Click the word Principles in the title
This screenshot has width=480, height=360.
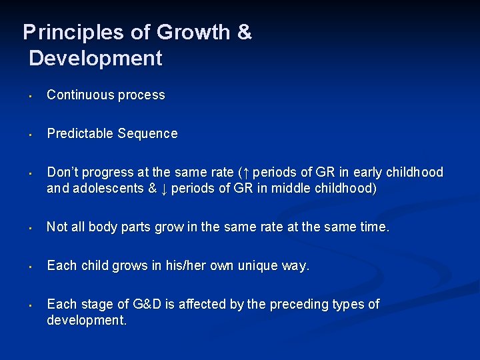pyautogui.click(x=67, y=32)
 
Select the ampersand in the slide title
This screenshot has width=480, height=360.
pyautogui.click(x=244, y=32)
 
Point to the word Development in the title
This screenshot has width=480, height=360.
pyautogui.click(x=95, y=58)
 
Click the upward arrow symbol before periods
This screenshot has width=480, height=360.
pyautogui.click(x=247, y=173)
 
